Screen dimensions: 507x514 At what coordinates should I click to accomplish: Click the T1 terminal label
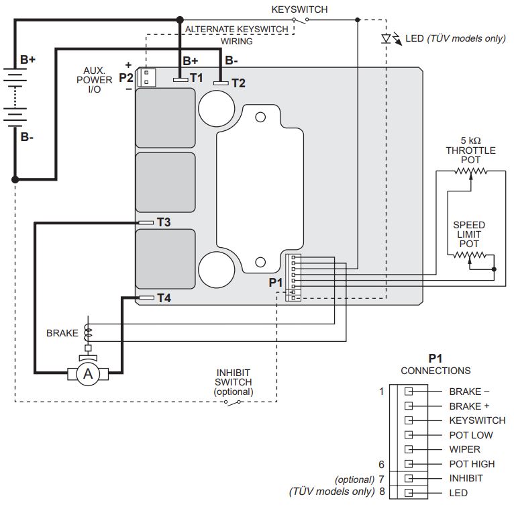196,77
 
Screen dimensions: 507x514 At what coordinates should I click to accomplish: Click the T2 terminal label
238,83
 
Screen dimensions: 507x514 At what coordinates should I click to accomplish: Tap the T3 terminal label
164,222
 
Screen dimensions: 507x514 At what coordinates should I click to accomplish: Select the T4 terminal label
164,297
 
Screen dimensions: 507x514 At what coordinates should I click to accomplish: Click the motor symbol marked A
87,374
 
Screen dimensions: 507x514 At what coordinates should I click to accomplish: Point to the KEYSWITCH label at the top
299,9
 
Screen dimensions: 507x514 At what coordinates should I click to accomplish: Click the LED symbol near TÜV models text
387,38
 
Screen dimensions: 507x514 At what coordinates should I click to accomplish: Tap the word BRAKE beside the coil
62,332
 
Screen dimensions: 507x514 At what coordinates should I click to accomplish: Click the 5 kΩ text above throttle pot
470,140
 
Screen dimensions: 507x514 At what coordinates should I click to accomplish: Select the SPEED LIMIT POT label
469,234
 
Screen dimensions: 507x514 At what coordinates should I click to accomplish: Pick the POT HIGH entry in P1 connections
472,464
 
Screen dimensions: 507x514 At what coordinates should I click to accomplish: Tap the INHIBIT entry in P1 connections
466,479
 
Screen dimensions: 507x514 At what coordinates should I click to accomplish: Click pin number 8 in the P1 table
382,492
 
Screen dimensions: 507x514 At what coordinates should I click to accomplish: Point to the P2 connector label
126,77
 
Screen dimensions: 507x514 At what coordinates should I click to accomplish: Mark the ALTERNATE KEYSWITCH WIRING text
237,35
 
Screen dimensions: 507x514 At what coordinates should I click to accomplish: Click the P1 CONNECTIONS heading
435,365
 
